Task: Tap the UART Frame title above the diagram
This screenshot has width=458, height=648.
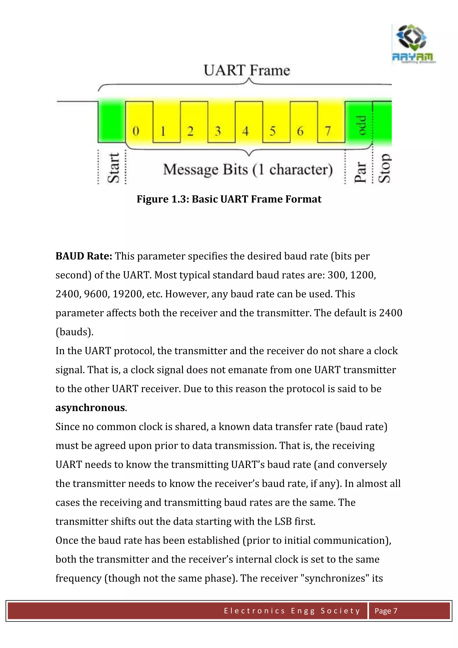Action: click(247, 70)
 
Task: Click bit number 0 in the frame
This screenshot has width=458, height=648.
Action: click(136, 131)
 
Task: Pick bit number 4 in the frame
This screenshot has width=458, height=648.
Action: click(245, 131)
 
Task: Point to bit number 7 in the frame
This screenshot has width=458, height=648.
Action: click(328, 131)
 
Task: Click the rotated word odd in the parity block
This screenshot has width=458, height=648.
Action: click(361, 126)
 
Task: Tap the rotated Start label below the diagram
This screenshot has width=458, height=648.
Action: click(114, 168)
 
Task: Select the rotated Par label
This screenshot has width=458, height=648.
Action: click(360, 172)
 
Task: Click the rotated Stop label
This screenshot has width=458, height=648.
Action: click(385, 168)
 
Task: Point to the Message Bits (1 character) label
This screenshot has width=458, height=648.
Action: click(248, 170)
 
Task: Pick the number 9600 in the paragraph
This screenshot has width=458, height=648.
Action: click(96, 294)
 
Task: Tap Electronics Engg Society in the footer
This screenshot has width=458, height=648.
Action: click(292, 611)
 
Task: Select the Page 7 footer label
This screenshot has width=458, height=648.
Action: click(386, 611)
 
